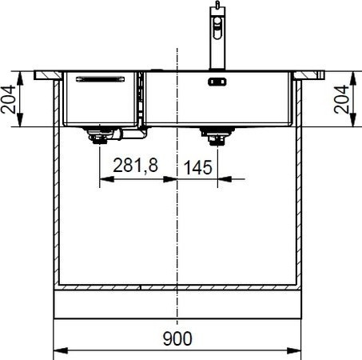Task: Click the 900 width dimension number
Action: [x=177, y=338]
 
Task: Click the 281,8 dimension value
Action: [x=136, y=166]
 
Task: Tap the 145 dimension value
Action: [x=198, y=167]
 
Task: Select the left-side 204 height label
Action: [x=8, y=99]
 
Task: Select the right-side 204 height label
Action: [x=341, y=99]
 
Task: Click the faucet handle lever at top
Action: [x=217, y=5]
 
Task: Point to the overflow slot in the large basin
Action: [x=217, y=82]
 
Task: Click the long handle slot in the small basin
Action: [x=100, y=79]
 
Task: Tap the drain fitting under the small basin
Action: [x=99, y=135]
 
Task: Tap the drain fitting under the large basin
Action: [x=217, y=136]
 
